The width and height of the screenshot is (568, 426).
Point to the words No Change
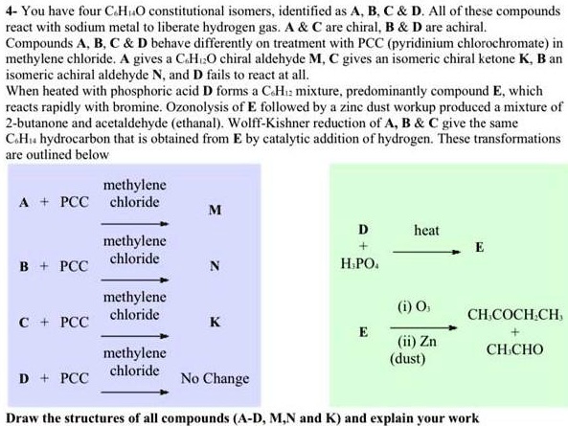pyautogui.click(x=215, y=378)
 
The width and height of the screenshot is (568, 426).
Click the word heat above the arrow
pyautogui.click(x=426, y=231)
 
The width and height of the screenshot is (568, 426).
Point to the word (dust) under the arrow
pyautogui.click(x=410, y=360)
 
